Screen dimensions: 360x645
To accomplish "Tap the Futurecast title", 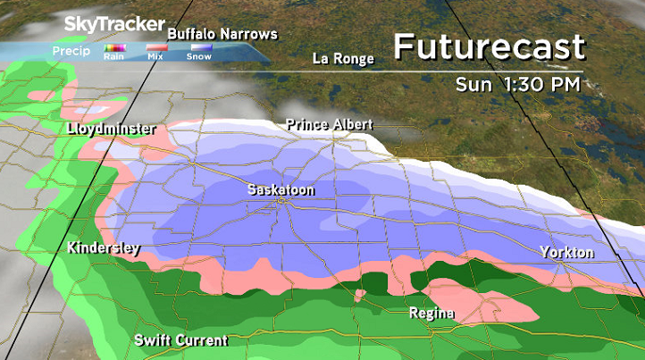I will tap(489, 46).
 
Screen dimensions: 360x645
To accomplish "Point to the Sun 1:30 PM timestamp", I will tap(517, 85).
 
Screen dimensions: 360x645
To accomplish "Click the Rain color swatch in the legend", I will tap(114, 47).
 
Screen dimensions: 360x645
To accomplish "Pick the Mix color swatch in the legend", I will tap(155, 47).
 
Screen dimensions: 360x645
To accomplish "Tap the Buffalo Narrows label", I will tap(222, 34).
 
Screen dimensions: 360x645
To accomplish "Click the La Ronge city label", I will tap(342, 59).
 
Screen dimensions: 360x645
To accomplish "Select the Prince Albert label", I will tap(329, 124).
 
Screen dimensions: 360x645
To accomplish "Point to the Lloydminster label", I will tap(112, 130).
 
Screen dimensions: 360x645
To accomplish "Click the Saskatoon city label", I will tap(281, 190).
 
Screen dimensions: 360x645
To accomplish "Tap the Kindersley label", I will tap(103, 247).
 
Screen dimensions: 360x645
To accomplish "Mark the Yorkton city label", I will tap(566, 253).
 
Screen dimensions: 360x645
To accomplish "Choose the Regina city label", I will tap(431, 314).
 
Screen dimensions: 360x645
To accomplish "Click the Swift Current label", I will tap(180, 340).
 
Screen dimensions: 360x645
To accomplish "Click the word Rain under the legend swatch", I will tap(114, 57).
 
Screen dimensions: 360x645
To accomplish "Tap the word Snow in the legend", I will tap(198, 57).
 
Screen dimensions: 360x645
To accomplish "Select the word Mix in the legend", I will tap(155, 57).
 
